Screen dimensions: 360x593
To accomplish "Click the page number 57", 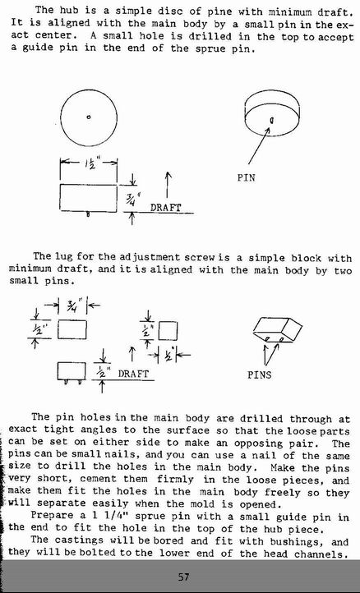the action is click(183, 577).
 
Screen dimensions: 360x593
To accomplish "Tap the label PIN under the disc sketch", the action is click(246, 177).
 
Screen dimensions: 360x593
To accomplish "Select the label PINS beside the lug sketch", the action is click(259, 375).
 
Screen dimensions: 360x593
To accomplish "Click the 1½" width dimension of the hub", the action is click(90, 163).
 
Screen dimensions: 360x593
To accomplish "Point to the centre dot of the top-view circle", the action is click(89, 117).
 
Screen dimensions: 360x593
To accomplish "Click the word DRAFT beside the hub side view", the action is click(166, 207).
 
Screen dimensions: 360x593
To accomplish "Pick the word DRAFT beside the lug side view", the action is click(133, 374).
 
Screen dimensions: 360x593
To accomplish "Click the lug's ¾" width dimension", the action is click(72, 305).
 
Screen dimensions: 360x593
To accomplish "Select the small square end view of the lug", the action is click(168, 331).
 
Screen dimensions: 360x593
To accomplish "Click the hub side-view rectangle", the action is click(88, 198).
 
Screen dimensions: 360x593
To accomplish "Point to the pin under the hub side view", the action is click(88, 214).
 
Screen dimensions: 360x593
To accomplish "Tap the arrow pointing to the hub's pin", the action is click(259, 145).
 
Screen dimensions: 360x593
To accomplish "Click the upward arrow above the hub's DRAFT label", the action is click(168, 185).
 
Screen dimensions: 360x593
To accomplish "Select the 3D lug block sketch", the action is click(278, 330).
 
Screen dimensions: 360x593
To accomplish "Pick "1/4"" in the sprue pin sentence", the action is click(112, 516).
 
